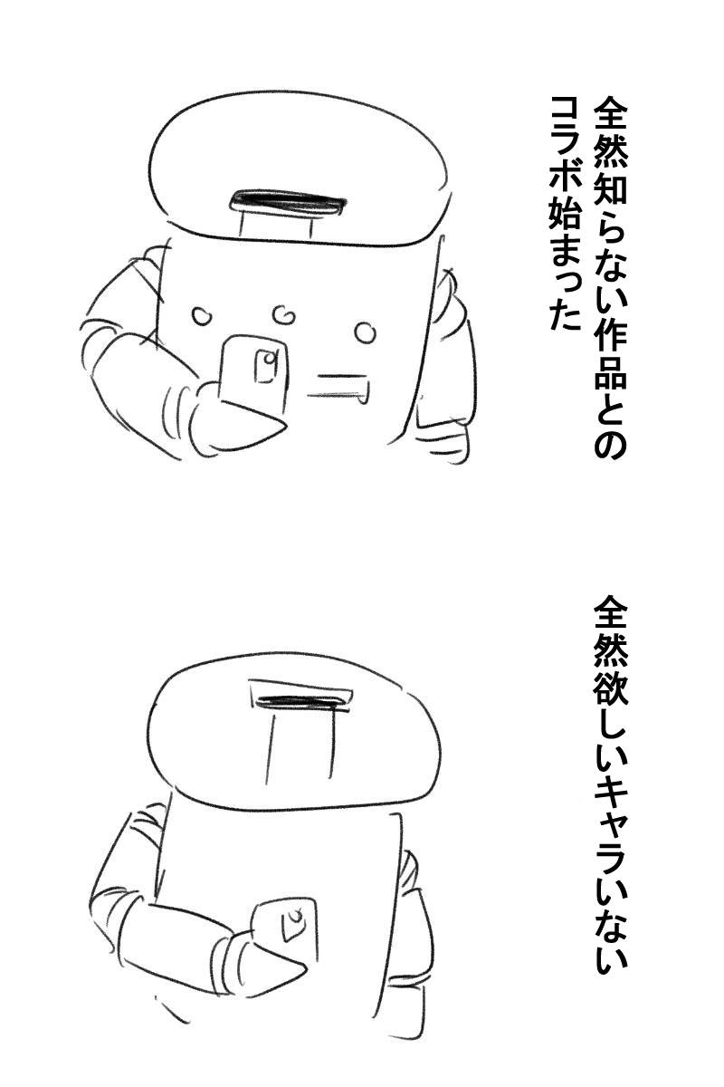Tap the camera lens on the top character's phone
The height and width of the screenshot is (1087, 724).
tap(268, 359)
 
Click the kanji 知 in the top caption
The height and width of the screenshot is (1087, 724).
tap(611, 188)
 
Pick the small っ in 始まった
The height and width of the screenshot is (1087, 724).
tap(567, 290)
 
